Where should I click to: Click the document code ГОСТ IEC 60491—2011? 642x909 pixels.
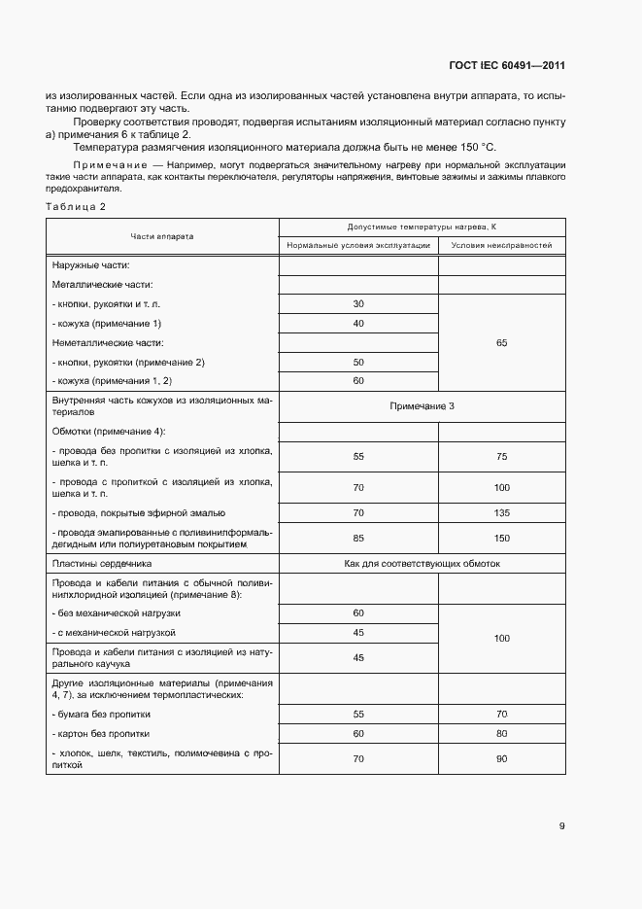507,66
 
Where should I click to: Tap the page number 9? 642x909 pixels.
561,826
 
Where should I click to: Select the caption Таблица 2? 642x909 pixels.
76,207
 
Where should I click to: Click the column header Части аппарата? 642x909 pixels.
162,236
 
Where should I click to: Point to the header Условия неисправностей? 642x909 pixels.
501,246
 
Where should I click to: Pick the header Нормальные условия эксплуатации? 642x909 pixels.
357,246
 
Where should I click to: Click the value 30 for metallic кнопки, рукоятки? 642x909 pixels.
358,303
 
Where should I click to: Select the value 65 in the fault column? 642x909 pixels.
501,342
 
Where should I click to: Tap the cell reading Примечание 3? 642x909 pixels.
422,405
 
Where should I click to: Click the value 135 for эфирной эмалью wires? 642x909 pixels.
501,512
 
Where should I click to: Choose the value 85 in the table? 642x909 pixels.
358,538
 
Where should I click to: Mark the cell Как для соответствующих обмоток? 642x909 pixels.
422,564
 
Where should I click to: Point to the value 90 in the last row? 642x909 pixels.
501,758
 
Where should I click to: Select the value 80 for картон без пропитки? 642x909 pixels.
501,733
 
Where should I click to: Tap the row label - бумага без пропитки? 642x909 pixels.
101,714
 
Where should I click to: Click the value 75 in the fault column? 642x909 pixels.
501,456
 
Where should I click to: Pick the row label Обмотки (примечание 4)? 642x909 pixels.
108,431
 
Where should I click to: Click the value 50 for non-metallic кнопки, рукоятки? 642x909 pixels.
358,362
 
